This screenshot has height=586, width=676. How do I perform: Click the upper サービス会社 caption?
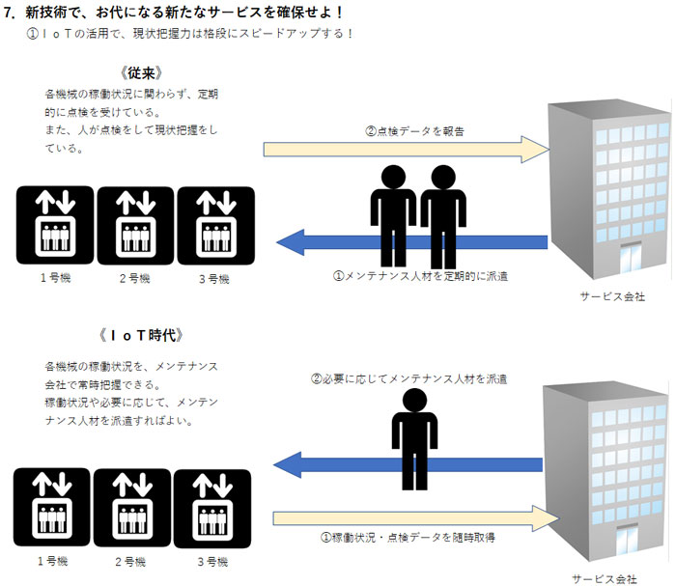[x=611, y=296]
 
